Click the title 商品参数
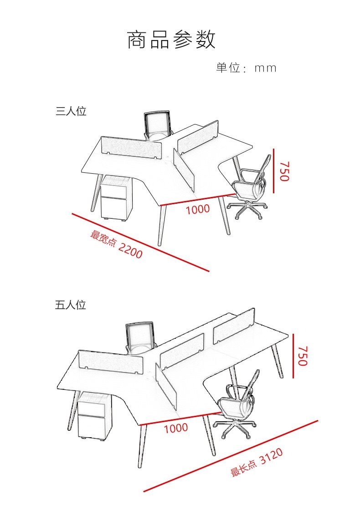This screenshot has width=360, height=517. (171, 40)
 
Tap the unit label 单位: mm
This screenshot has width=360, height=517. (246, 67)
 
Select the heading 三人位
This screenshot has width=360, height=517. (71, 111)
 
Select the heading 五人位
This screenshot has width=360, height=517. (71, 305)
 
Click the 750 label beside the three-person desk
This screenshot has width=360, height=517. (284, 171)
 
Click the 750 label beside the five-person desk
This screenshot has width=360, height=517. (302, 356)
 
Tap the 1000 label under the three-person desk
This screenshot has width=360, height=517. (198, 209)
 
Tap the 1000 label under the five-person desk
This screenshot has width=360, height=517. (176, 428)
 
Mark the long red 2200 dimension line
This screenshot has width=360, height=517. (140, 243)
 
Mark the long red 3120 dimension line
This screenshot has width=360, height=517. (231, 456)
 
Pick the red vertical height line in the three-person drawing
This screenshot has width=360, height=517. (273, 171)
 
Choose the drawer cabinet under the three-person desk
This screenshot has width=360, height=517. (116, 198)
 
